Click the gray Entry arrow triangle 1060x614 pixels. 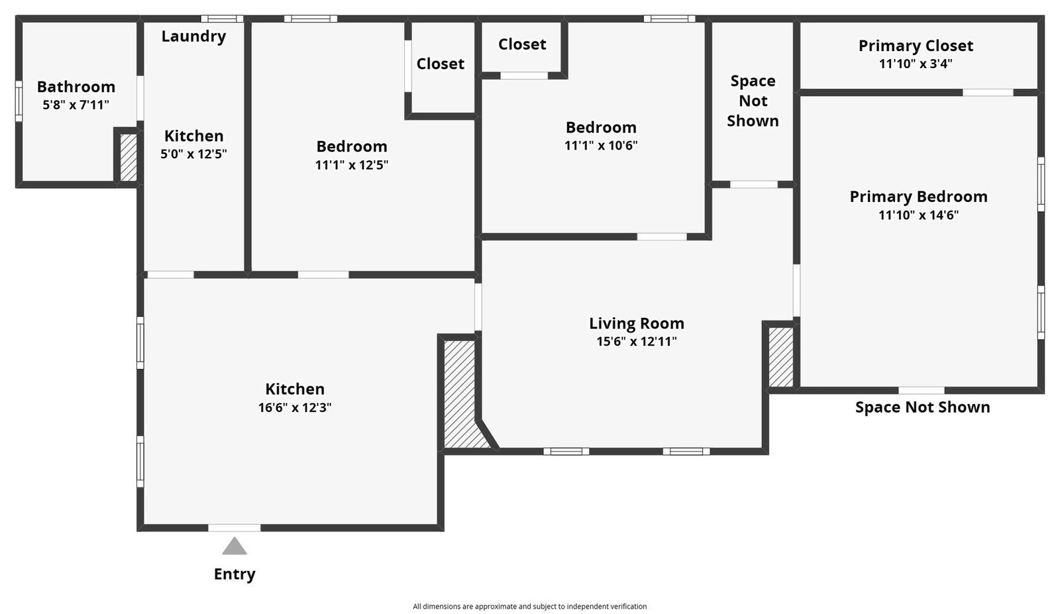click(x=235, y=546)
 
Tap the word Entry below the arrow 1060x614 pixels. click(x=235, y=574)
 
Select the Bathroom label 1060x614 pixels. click(x=76, y=87)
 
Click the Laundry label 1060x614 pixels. click(x=193, y=36)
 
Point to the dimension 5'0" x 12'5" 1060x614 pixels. click(x=193, y=154)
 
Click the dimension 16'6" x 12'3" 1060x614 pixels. click(x=295, y=407)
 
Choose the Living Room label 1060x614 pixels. click(x=637, y=323)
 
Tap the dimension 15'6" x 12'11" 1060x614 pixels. click(x=637, y=342)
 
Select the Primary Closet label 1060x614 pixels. click(x=916, y=46)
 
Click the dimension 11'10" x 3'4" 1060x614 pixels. click(x=916, y=64)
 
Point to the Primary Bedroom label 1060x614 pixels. click(x=918, y=197)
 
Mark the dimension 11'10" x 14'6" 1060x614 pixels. click(x=918, y=215)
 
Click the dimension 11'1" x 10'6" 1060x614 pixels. click(x=601, y=145)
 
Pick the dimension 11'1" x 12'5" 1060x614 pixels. click(x=352, y=165)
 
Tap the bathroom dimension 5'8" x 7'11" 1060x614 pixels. click(x=76, y=105)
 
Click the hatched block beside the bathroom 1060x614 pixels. click(x=129, y=158)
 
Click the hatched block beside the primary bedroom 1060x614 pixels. click(x=781, y=357)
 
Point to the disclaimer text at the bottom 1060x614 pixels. click(x=529, y=607)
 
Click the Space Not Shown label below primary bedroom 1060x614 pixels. click(x=922, y=407)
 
